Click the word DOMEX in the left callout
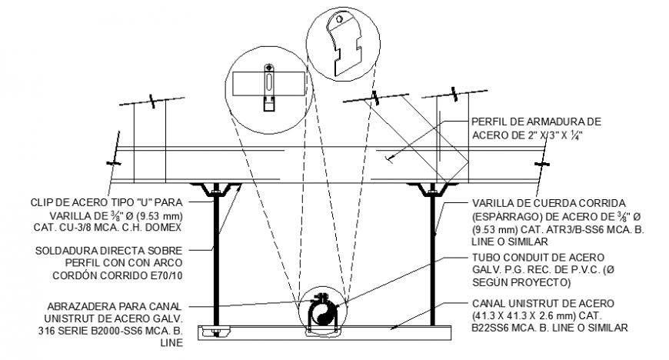tap(169, 228)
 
